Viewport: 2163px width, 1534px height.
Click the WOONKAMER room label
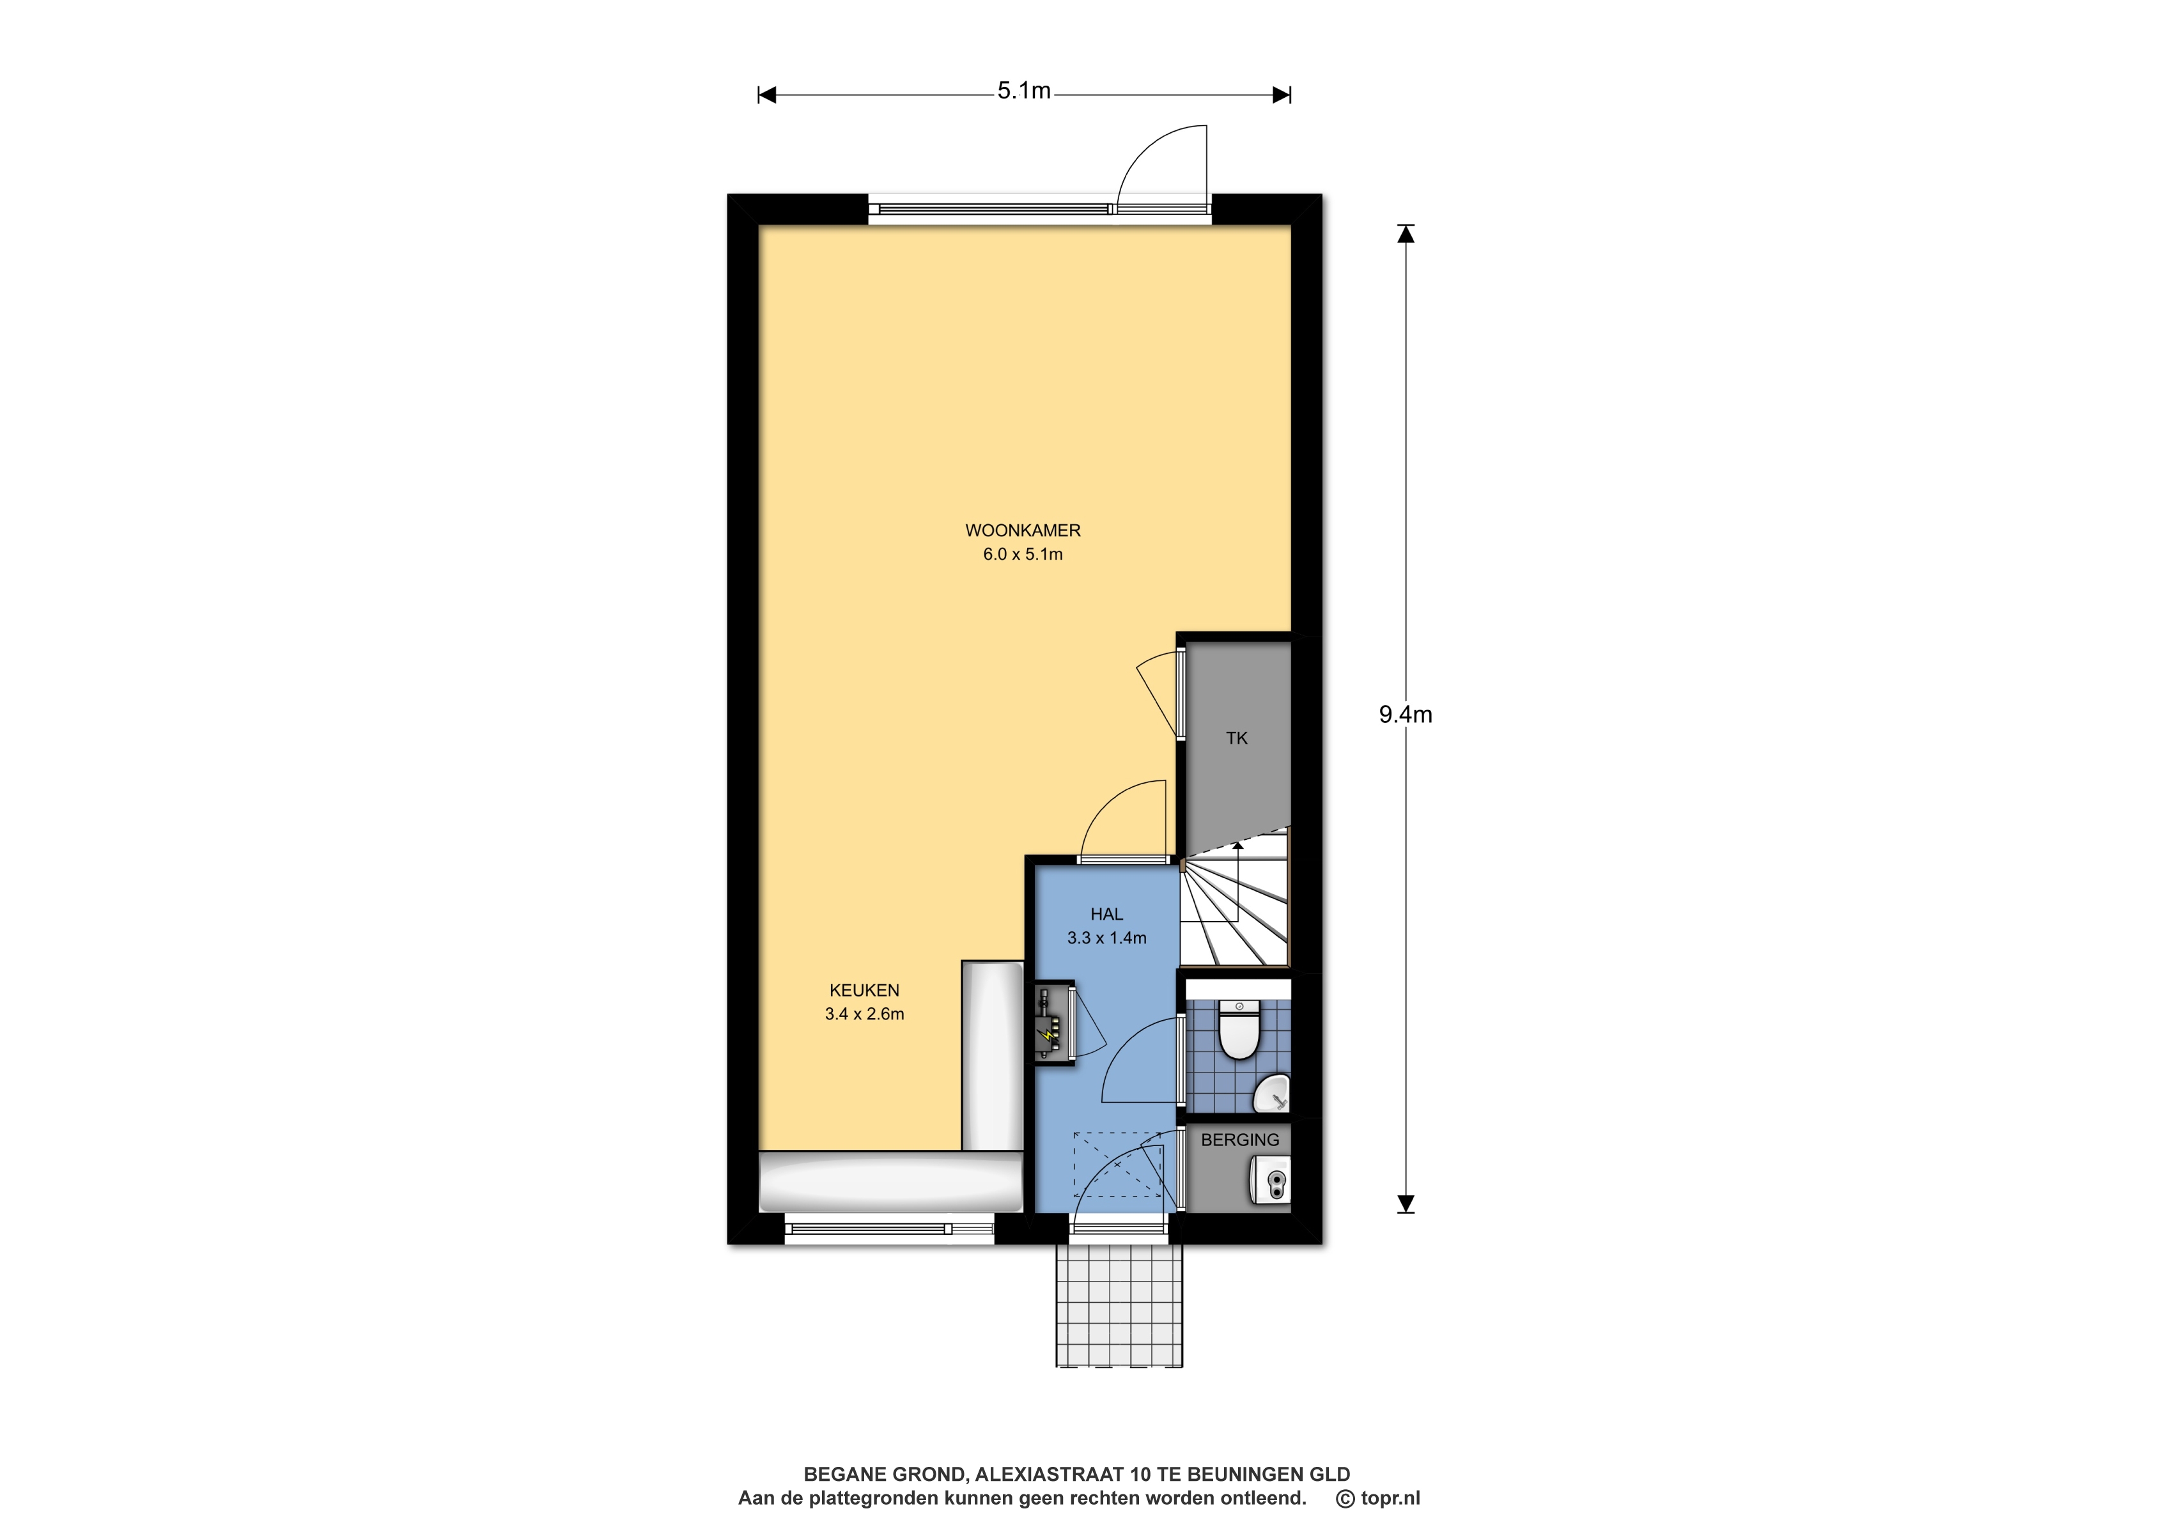point(1022,531)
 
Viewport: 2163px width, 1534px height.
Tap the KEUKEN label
point(864,991)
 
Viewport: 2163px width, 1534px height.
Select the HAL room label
point(1107,915)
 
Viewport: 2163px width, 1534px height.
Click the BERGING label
point(1240,1140)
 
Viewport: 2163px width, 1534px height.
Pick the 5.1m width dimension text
point(1024,91)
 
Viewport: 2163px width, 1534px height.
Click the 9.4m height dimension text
point(1406,715)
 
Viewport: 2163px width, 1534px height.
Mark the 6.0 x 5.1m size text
point(1023,554)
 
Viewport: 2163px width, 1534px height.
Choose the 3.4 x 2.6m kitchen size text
point(864,1014)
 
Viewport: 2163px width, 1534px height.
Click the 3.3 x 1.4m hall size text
point(1107,938)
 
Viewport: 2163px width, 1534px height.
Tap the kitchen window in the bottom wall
point(889,1229)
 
